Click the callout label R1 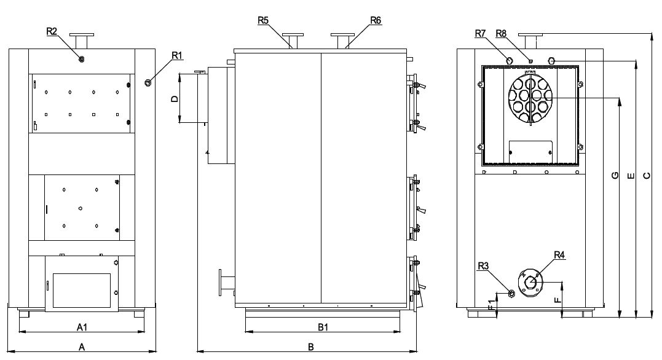click(x=177, y=55)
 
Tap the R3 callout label click(x=484, y=265)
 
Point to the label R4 click(x=559, y=254)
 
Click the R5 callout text click(x=264, y=20)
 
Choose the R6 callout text click(x=376, y=20)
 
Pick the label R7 click(x=481, y=33)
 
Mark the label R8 click(x=501, y=33)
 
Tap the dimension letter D click(x=175, y=98)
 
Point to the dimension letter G click(x=614, y=177)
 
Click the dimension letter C click(x=646, y=177)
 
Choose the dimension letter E click(x=629, y=177)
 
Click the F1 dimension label click(x=490, y=305)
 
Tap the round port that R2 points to click(x=81, y=58)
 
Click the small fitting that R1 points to click(x=148, y=82)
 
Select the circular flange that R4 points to click(x=530, y=283)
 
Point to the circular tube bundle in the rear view click(x=530, y=98)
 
